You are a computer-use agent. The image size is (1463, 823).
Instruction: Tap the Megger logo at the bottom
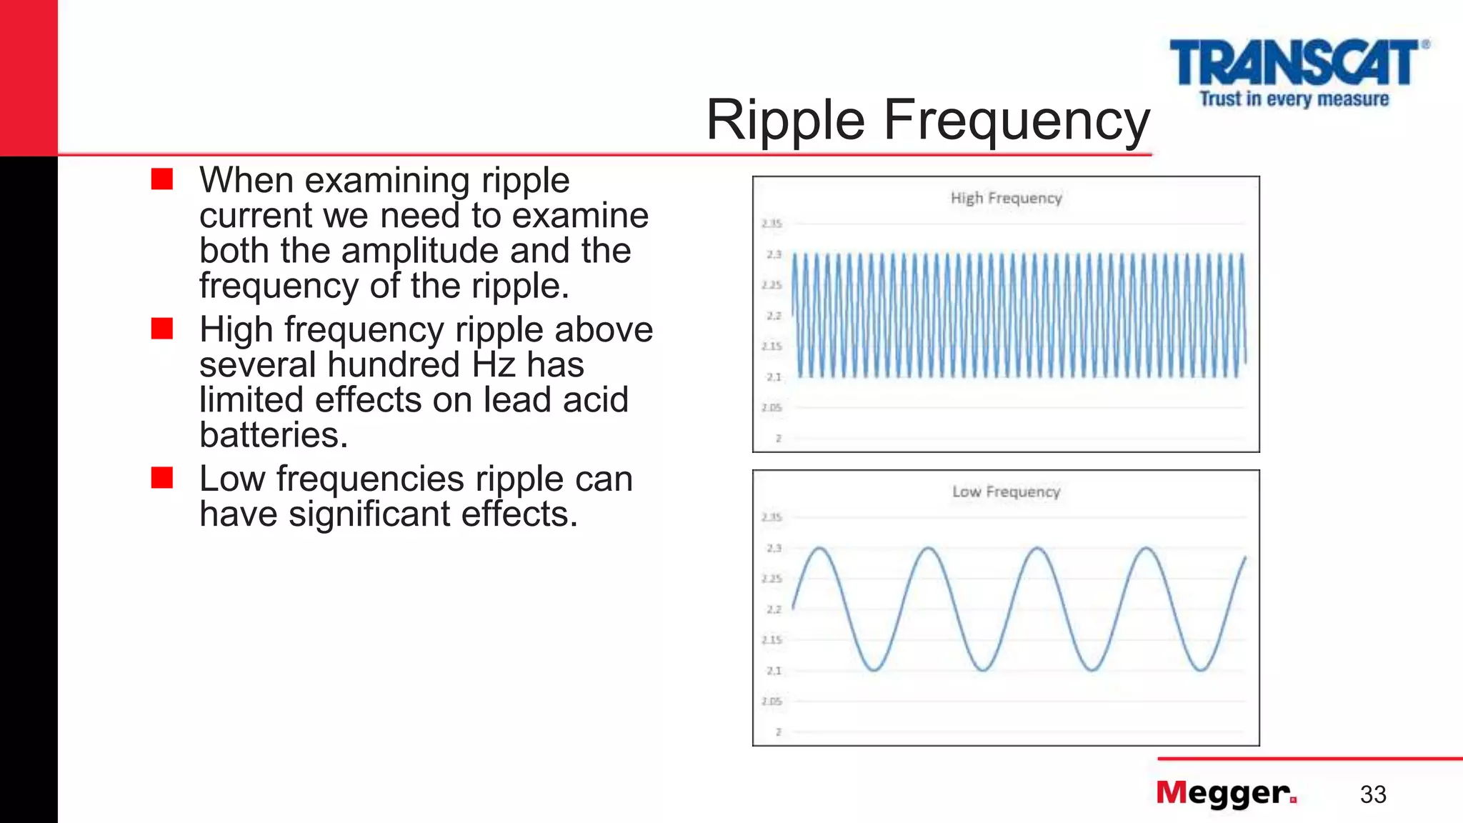(x=1226, y=793)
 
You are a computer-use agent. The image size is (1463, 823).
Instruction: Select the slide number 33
(x=1373, y=794)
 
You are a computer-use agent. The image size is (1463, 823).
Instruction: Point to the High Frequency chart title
(x=1006, y=198)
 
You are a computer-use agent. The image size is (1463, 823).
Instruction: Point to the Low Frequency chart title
(x=1006, y=492)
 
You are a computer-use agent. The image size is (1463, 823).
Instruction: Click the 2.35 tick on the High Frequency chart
(x=772, y=224)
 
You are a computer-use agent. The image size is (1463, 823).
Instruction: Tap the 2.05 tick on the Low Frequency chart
(x=772, y=702)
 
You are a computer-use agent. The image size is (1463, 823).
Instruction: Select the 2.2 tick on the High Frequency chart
(x=774, y=316)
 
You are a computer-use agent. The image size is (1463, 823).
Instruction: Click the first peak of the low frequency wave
(x=820, y=549)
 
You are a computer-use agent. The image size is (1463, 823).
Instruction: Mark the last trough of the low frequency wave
(x=1201, y=669)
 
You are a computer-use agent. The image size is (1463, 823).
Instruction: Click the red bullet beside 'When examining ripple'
(x=162, y=179)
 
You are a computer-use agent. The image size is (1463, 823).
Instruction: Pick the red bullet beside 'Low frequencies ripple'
(x=162, y=477)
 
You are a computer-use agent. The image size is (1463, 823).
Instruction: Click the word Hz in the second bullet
(x=494, y=364)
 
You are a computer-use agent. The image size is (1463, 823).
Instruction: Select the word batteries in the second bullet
(x=273, y=434)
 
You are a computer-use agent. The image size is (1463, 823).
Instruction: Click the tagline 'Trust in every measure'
(x=1294, y=99)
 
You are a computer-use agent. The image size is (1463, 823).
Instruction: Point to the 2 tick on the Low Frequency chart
(x=779, y=732)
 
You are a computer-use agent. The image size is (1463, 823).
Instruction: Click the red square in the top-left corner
(x=29, y=77)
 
